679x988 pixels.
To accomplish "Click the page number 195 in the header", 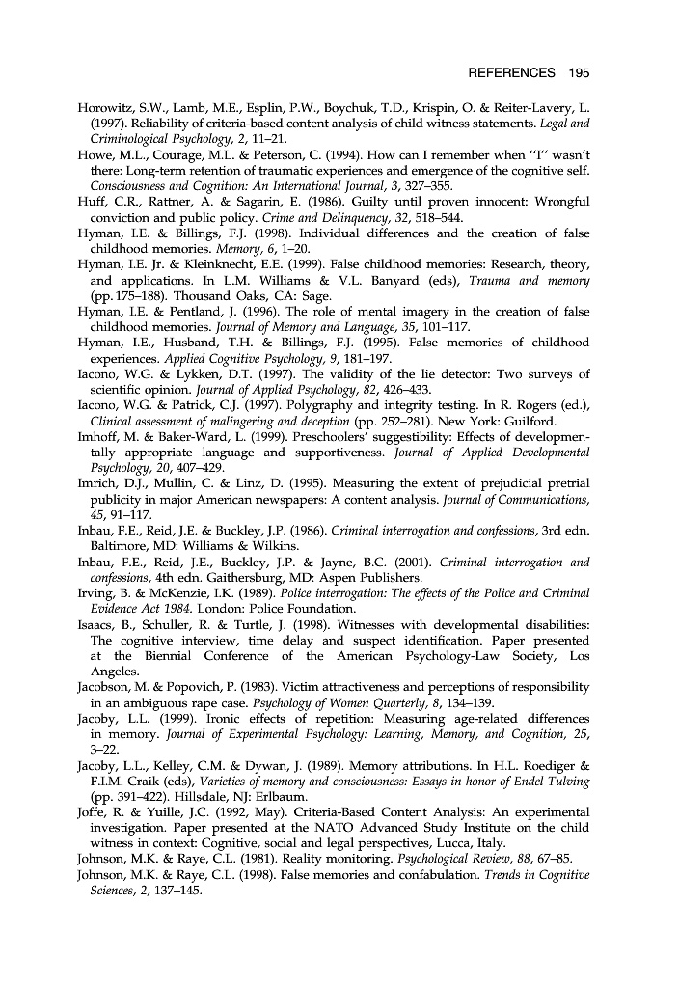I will [579, 73].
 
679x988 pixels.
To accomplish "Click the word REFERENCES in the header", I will [511, 73].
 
